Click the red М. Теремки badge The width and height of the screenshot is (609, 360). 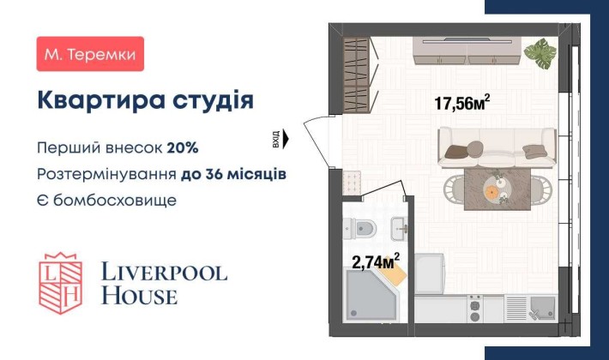[x=91, y=54]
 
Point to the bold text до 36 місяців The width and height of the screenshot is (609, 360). [x=233, y=174]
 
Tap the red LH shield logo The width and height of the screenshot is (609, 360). [x=60, y=281]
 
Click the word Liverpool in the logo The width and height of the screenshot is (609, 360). [x=164, y=273]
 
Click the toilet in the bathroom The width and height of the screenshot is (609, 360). [x=362, y=229]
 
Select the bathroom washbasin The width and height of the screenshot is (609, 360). [x=399, y=227]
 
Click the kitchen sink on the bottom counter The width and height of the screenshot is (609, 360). [x=543, y=307]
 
